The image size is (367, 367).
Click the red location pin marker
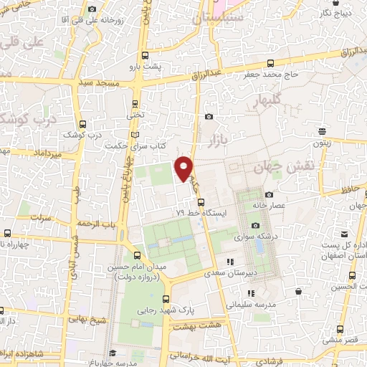(185, 168)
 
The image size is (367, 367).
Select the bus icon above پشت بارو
(146, 55)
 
